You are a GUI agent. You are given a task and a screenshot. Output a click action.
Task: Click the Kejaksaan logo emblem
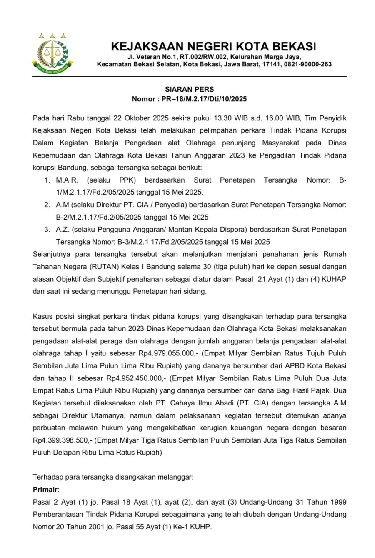click(x=52, y=53)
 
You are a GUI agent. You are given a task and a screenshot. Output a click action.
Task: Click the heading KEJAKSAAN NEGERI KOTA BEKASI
click(x=214, y=46)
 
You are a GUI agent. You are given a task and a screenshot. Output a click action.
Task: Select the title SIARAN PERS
click(x=190, y=89)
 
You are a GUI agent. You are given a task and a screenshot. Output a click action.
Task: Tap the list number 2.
click(x=47, y=205)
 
